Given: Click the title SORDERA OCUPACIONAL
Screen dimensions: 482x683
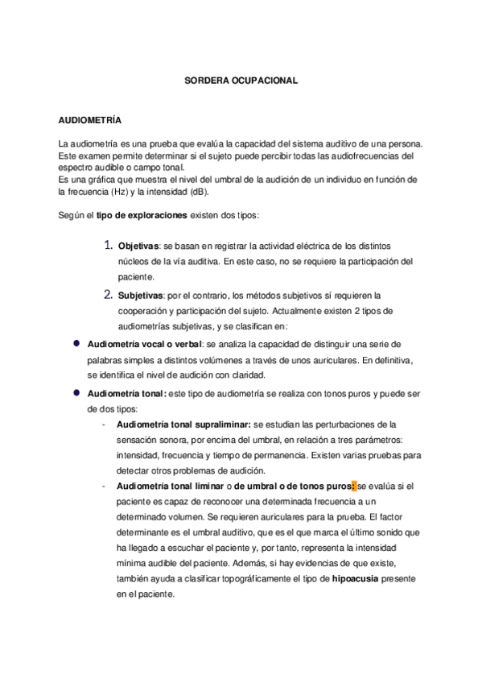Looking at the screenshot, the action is [241, 81].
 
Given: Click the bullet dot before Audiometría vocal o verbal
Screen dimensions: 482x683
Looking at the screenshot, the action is [77, 342].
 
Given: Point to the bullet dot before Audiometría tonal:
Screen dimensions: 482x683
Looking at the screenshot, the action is [77, 393].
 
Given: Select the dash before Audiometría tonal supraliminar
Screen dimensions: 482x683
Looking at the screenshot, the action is [104, 424].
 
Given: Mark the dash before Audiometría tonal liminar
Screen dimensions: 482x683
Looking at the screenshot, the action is [104, 486].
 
